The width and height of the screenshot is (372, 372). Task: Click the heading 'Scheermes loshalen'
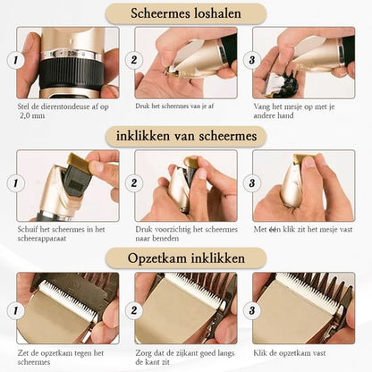[x=186, y=14]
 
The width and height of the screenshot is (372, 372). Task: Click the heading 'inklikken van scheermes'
[x=186, y=136]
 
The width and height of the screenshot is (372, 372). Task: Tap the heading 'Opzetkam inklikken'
[x=186, y=258]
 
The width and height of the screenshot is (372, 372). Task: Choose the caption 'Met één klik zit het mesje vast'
[x=304, y=228]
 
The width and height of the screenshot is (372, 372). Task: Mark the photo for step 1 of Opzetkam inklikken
[x=67, y=307]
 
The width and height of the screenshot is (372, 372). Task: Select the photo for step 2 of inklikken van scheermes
[x=186, y=185]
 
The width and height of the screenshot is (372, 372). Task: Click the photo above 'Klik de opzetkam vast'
[x=304, y=307]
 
